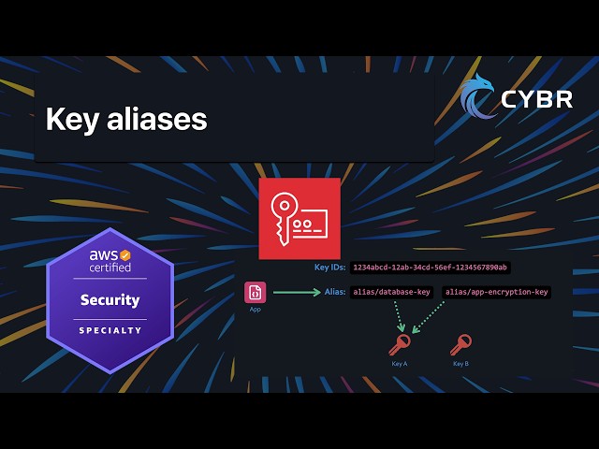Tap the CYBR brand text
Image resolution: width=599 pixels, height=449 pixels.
tap(536, 99)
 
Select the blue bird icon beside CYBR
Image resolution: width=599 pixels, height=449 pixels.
tap(478, 97)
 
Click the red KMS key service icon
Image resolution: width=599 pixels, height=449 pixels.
tap(299, 218)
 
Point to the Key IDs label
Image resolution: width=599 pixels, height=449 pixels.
tap(329, 268)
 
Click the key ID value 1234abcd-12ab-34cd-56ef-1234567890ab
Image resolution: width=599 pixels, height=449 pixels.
tap(431, 268)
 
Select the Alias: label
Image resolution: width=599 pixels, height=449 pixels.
tap(335, 292)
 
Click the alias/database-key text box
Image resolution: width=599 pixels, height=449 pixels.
tap(392, 292)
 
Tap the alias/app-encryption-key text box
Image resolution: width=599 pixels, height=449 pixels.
tap(496, 292)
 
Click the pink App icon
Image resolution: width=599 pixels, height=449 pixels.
tap(256, 292)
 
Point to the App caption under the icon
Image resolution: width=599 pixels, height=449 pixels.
tap(256, 309)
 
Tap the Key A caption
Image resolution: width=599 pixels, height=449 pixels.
tap(400, 363)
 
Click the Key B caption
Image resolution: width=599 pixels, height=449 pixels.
tap(460, 363)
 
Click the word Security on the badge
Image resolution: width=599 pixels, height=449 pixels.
tap(110, 300)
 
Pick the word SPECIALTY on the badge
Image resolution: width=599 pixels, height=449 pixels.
tap(110, 330)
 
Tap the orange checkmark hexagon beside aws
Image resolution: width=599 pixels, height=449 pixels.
tap(125, 254)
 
